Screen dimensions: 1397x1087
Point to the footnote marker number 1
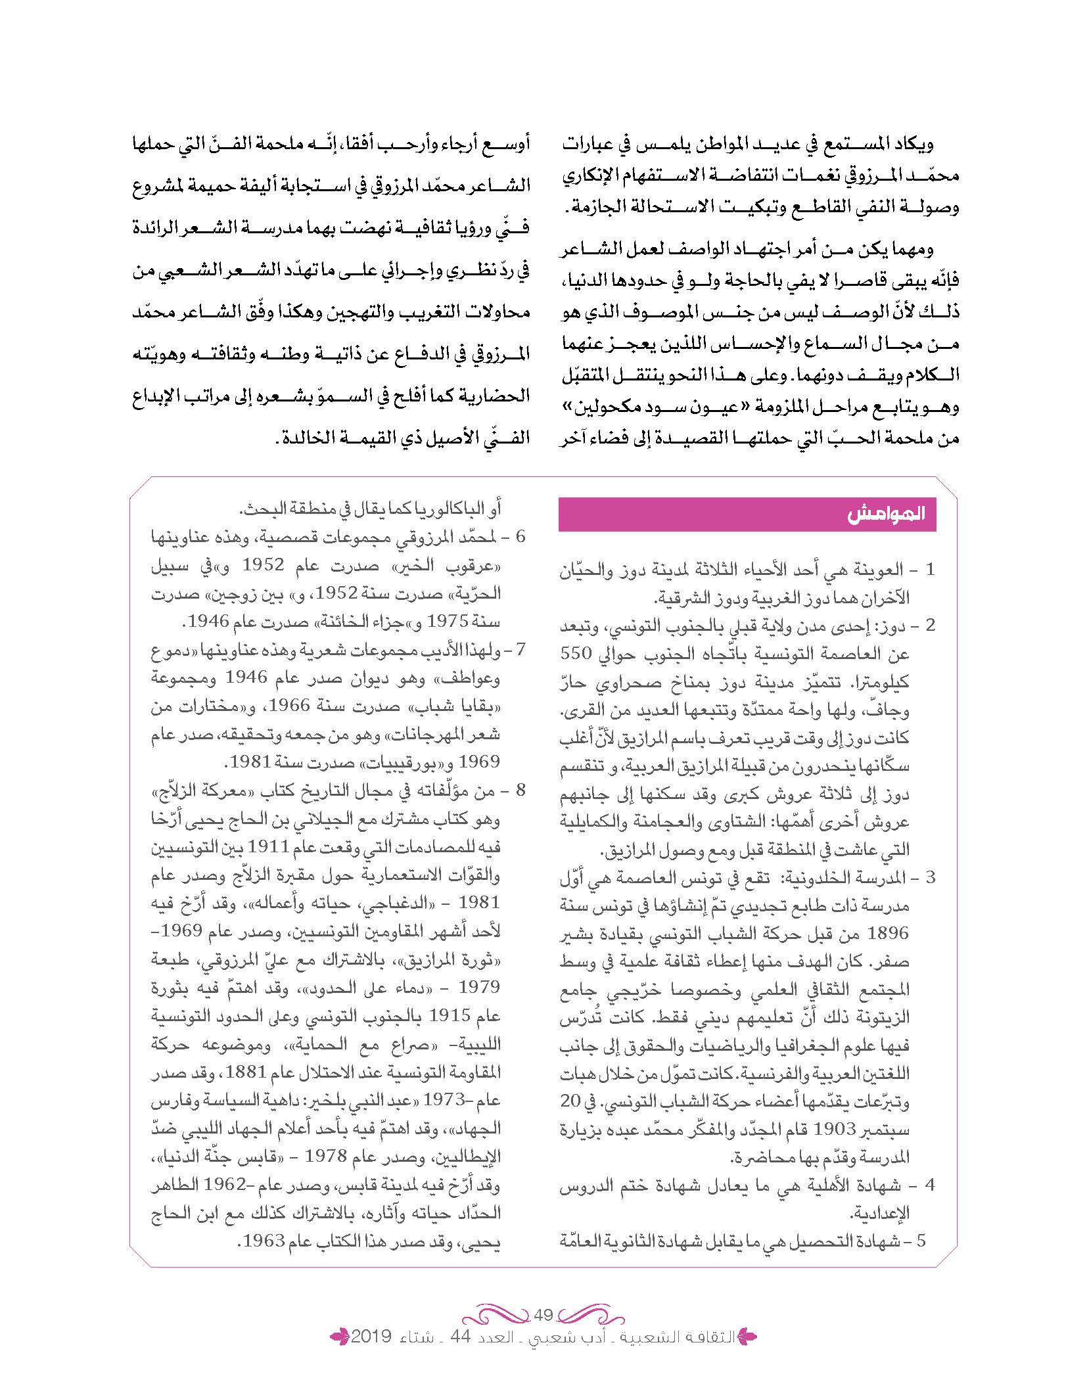[929, 570]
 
